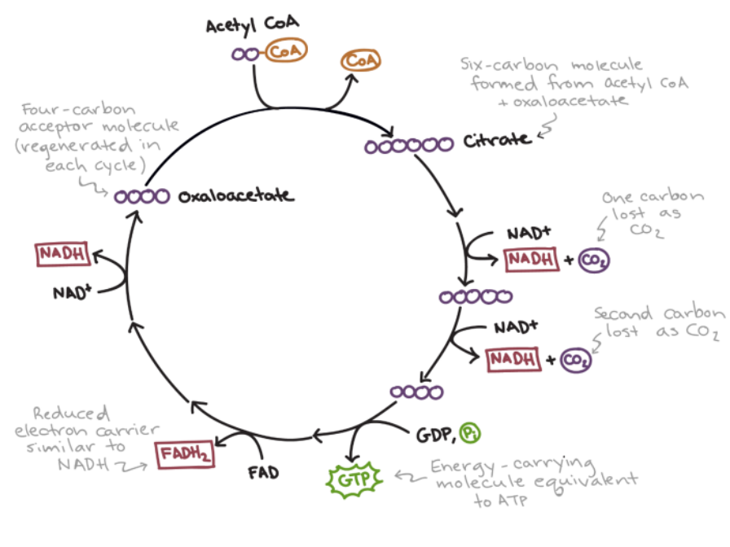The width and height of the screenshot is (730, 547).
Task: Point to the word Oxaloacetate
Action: coord(236,196)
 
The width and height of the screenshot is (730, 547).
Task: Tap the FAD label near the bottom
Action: coord(263,471)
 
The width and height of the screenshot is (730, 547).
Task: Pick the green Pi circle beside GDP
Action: coord(469,433)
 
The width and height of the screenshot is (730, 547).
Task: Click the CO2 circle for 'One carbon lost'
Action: coord(594,260)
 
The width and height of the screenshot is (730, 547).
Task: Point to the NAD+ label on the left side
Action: coord(71,291)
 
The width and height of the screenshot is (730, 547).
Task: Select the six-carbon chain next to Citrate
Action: coord(409,146)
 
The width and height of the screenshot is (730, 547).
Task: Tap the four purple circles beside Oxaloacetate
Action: coord(143,196)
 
